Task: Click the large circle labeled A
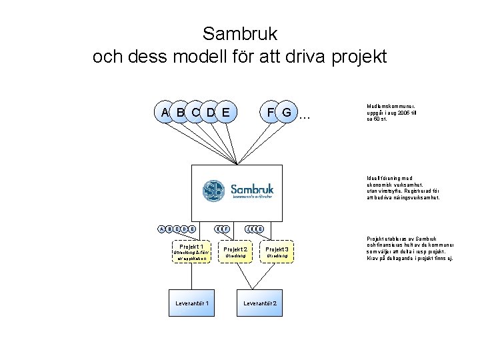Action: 165,112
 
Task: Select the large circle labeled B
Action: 180,112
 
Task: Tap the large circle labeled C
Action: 195,112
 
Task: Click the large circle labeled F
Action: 270,112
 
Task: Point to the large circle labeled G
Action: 286,112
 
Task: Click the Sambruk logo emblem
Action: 214,190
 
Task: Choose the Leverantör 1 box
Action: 191,303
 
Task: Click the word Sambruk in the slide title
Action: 239,33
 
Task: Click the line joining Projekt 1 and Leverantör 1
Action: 191,277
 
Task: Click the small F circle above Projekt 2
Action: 227,229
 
